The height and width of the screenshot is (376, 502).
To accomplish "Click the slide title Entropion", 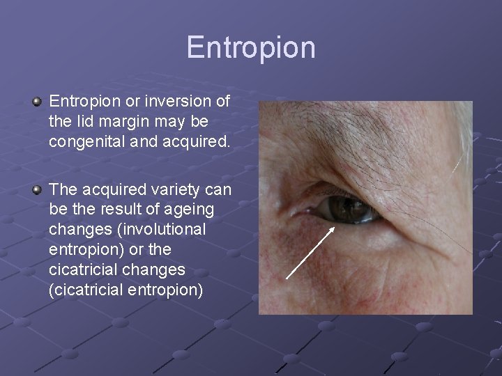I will [x=251, y=47].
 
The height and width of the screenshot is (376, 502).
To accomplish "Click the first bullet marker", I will [x=37, y=102].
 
